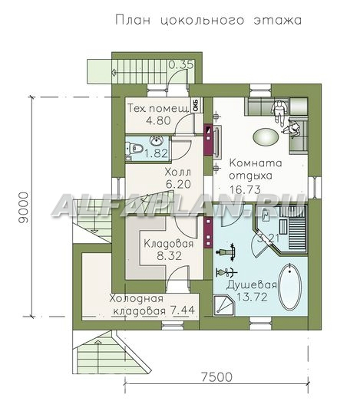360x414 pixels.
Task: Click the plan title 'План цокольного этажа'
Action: coord(208,20)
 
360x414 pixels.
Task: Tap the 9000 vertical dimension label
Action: coord(23,208)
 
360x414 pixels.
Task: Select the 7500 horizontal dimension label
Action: coord(216,377)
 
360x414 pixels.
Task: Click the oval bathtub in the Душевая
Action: coord(290,287)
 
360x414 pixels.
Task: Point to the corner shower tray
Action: coord(223,305)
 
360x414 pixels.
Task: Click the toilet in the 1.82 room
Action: coord(134,149)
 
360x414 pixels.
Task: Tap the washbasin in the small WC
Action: coord(157,141)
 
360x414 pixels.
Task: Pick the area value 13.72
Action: coord(252,297)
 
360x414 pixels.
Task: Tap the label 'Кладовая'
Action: coord(168,244)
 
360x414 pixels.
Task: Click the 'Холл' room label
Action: coord(177,172)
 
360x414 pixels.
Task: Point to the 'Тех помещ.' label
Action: coord(159,108)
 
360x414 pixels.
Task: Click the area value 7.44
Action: coord(183,310)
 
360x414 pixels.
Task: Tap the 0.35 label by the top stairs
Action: coord(181,64)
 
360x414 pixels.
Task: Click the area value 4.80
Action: coord(158,120)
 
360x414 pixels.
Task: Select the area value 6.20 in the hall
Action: coord(178,184)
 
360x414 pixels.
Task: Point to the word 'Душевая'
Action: coord(252,285)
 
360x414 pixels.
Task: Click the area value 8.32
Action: coord(169,256)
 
